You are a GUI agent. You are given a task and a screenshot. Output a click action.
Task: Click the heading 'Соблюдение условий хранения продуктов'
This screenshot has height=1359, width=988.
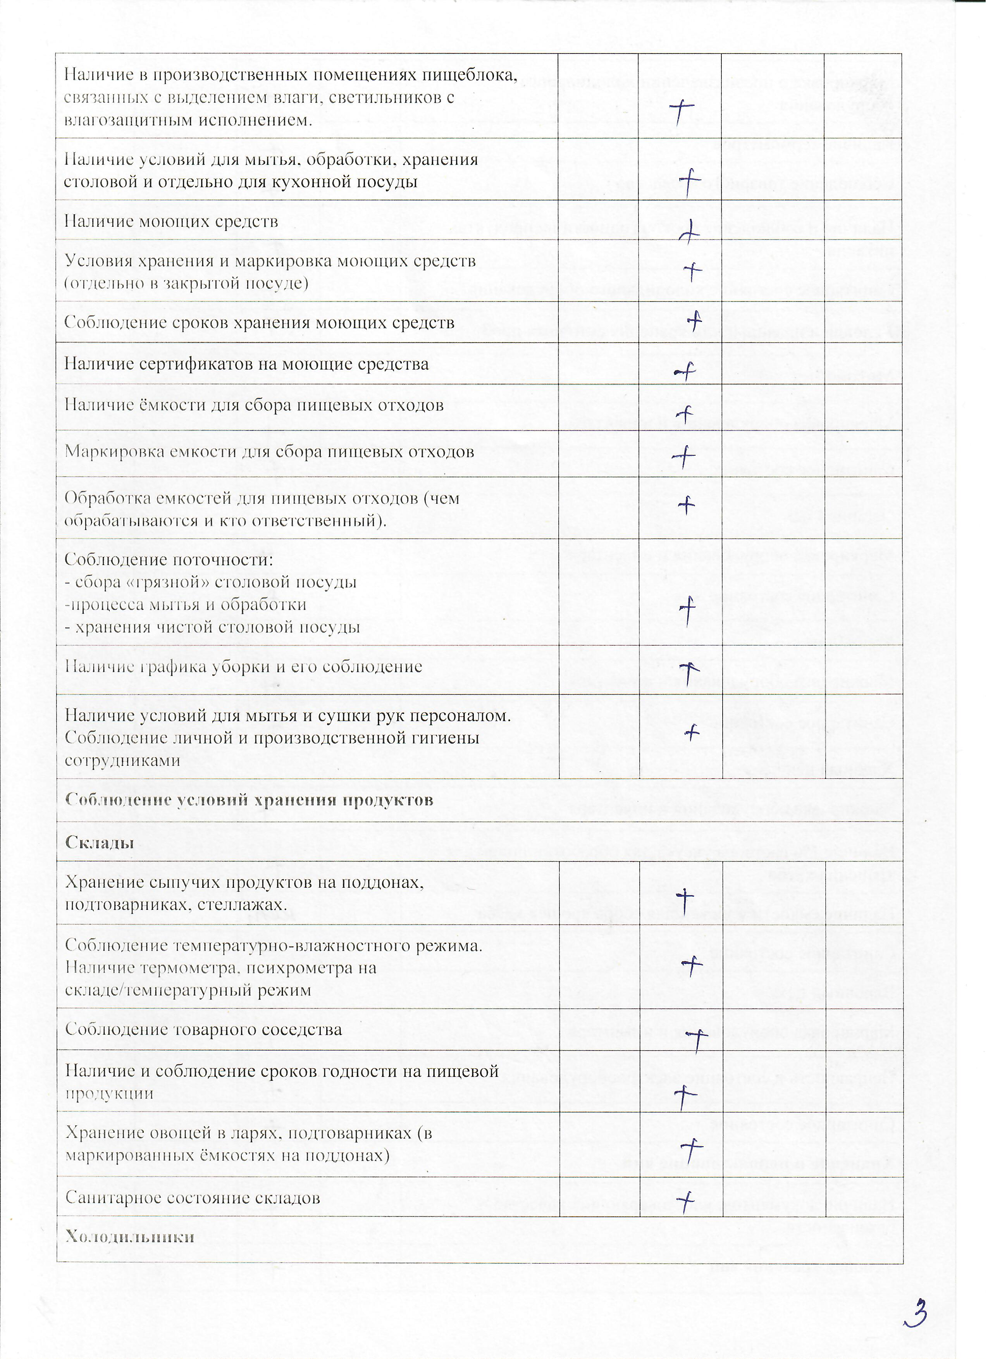point(249,800)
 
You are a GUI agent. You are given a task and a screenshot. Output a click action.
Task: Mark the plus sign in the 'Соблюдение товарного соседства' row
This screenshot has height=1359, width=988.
point(697,1040)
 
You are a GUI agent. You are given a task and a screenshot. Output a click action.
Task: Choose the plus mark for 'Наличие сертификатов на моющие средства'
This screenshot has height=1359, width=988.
point(685,373)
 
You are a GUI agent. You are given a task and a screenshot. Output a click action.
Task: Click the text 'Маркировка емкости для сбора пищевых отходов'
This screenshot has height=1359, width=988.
point(269,452)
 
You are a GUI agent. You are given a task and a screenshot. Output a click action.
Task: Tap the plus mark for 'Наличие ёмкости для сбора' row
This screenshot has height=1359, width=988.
point(684,414)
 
